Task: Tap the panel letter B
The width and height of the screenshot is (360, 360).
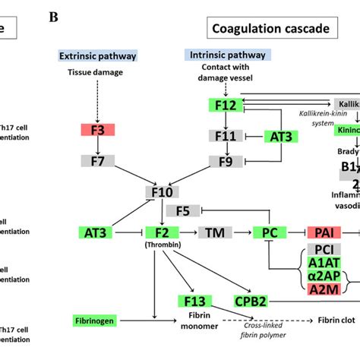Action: coord(52,15)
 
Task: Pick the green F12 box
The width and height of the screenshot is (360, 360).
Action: coord(225,105)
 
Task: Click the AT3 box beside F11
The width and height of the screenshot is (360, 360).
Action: coord(279,137)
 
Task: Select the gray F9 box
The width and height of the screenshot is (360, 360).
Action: coord(225,161)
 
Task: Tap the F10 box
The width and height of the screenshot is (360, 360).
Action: coord(161,192)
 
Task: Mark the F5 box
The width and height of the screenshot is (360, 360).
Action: coord(182,210)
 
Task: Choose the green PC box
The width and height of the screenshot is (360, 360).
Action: coord(270,232)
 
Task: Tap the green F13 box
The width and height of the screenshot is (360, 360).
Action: coord(191,302)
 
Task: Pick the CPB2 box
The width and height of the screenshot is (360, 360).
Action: coord(251,302)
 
